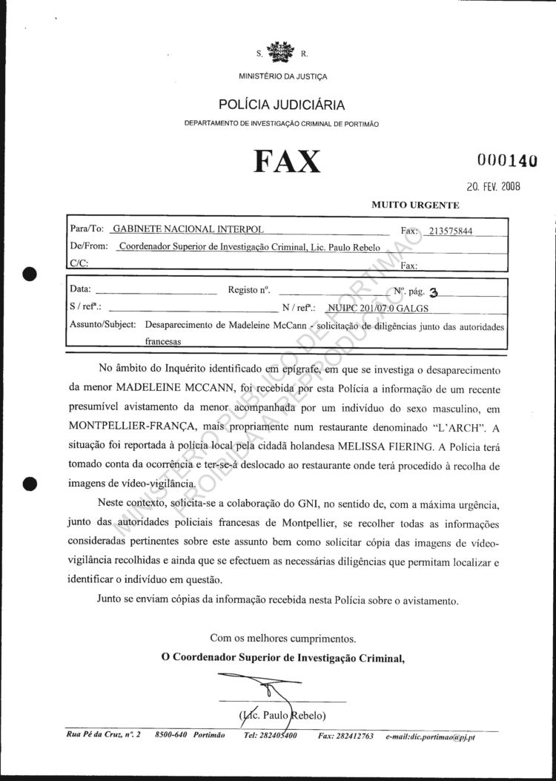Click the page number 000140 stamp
point(507,159)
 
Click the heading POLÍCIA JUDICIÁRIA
point(281,105)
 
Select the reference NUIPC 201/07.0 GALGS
point(378,308)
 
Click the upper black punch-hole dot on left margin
point(30,272)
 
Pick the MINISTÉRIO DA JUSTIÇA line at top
point(282,76)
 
